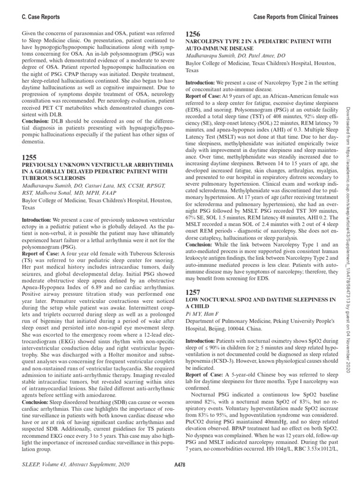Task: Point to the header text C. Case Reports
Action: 41,17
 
